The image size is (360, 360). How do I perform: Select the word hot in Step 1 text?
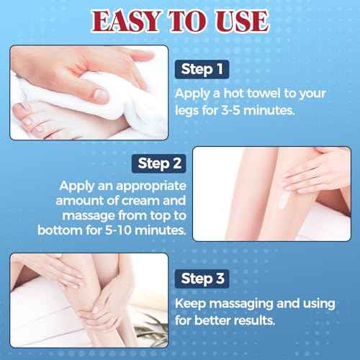click(x=232, y=94)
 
